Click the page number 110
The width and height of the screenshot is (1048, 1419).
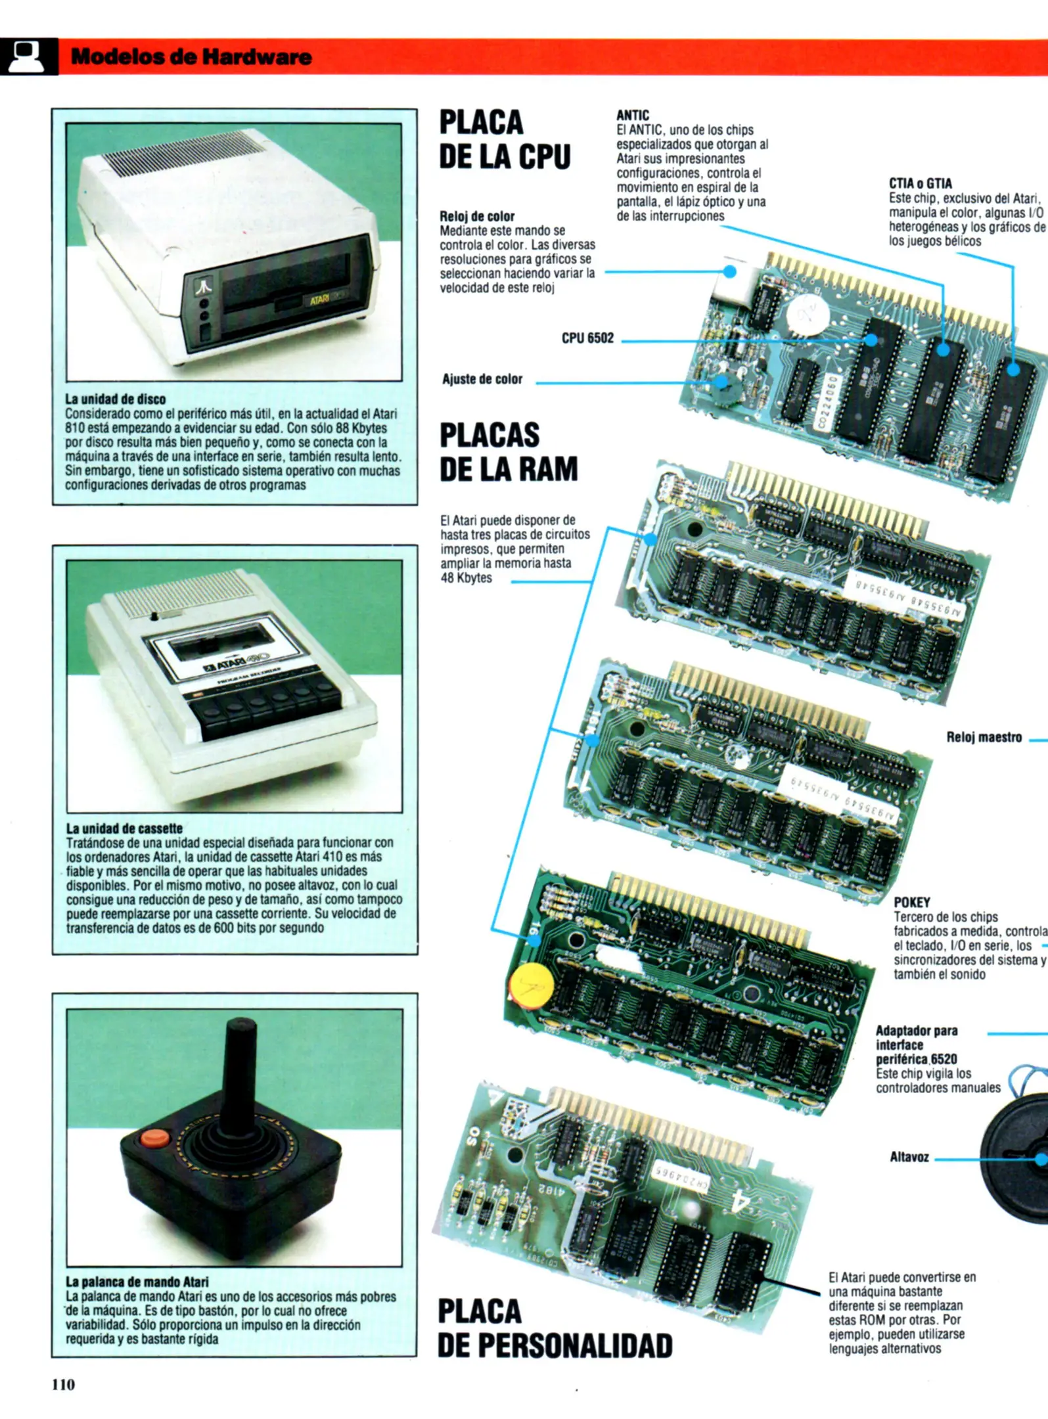point(63,1384)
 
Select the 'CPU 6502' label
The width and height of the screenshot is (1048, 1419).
point(587,338)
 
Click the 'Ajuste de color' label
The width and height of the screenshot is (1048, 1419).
point(482,379)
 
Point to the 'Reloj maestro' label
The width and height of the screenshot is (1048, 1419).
point(984,737)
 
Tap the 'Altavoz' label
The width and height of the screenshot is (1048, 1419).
point(909,1157)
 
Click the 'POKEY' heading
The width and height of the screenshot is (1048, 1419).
point(911,902)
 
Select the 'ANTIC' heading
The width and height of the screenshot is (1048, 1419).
point(632,116)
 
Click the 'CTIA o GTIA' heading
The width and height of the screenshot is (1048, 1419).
point(920,183)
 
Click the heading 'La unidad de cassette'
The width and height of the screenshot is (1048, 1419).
point(124,828)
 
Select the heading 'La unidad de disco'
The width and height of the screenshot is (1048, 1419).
point(115,399)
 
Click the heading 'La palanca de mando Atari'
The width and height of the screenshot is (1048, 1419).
point(137,1282)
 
